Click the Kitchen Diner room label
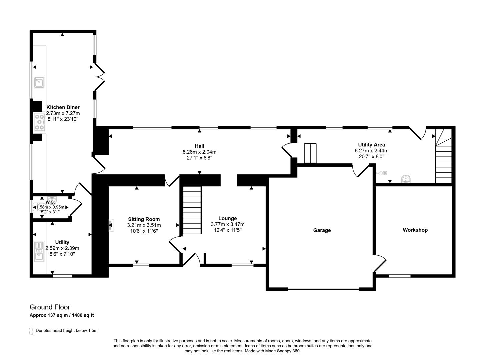[x=63, y=107]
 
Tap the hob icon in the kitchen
[x=39, y=122]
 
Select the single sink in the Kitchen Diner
[x=39, y=82]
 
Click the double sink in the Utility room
[x=39, y=251]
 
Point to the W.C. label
[x=50, y=202]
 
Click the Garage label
[x=322, y=230]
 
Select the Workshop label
[x=415, y=230]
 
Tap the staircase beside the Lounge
[x=192, y=210]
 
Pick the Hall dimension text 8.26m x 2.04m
[x=199, y=152]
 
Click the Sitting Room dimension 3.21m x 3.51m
[x=144, y=225]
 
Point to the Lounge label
[x=227, y=219]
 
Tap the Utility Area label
[x=371, y=145]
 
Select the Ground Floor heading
[x=50, y=307]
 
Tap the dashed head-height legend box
[x=31, y=331]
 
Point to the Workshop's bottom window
[x=399, y=276]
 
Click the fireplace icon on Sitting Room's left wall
[x=110, y=225]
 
